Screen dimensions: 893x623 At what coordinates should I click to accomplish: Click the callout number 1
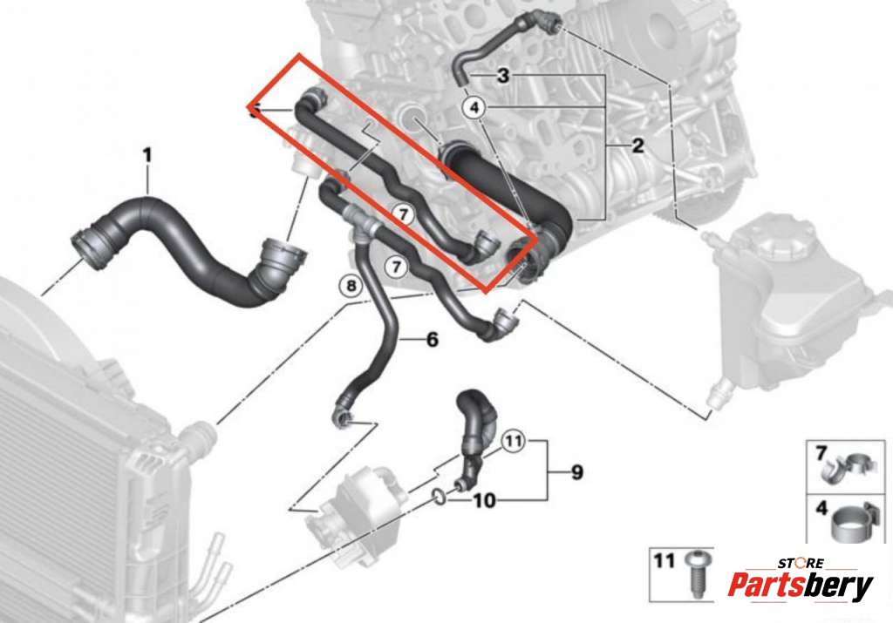point(147,155)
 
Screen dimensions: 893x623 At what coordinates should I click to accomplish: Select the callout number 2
point(637,146)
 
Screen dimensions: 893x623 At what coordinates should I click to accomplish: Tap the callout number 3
point(503,75)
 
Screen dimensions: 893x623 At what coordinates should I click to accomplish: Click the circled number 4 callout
point(474,107)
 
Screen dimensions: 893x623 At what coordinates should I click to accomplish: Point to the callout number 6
point(433,340)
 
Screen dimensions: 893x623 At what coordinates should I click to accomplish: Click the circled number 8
point(351,285)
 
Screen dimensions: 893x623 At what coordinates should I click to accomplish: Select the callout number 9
point(577,472)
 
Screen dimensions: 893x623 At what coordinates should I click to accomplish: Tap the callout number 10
point(484,501)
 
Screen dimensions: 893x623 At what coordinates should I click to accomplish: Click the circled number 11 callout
point(513,441)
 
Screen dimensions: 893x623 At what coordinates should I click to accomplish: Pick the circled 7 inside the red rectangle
point(403,214)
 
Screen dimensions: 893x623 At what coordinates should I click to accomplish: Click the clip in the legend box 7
point(847,465)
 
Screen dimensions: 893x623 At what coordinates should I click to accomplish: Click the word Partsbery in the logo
point(801,585)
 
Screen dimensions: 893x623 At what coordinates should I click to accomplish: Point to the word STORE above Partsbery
point(801,563)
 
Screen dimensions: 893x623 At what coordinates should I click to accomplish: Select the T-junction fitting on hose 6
point(358,222)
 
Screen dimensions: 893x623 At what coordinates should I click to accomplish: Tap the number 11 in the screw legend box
point(664,561)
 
